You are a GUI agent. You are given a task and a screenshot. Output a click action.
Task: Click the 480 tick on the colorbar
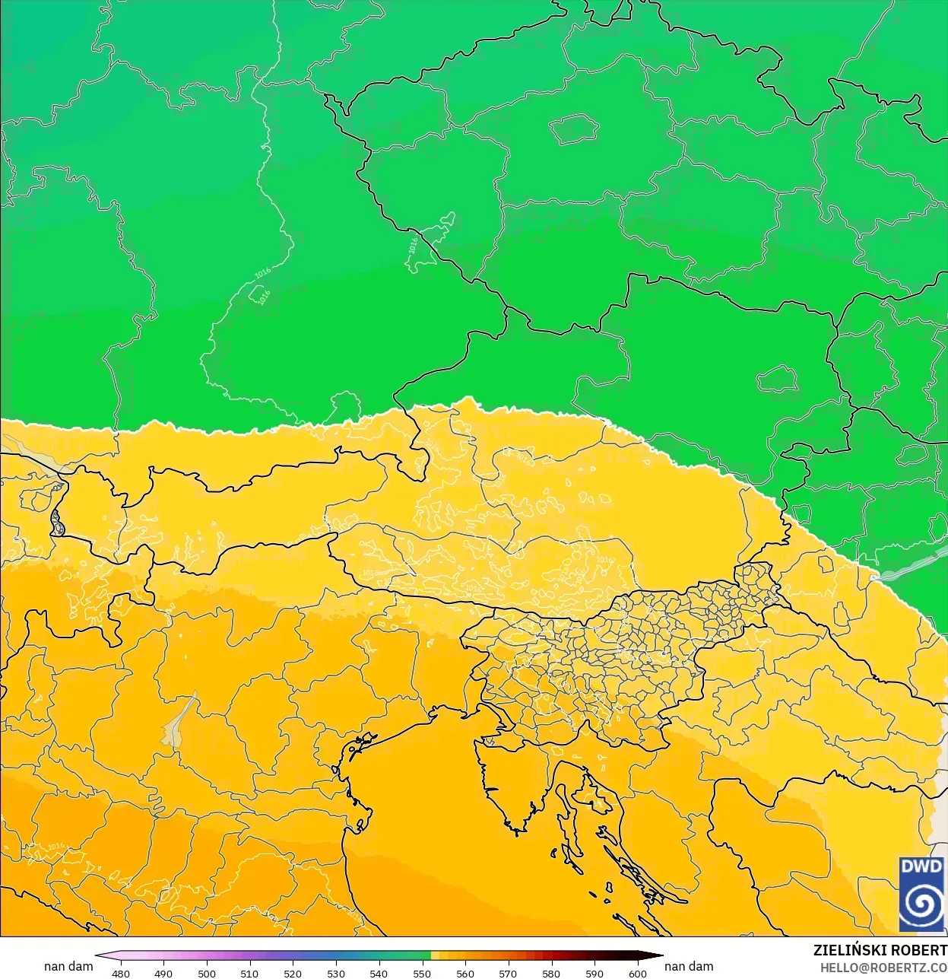[121, 973]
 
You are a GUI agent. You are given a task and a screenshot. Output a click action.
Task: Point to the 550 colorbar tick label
[422, 973]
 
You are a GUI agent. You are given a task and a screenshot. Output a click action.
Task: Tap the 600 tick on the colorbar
[637, 973]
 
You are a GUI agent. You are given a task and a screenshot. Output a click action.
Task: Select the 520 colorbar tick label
[293, 973]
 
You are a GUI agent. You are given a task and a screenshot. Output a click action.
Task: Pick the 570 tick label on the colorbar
[508, 973]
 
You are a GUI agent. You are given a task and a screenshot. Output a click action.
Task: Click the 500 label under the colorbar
[207, 973]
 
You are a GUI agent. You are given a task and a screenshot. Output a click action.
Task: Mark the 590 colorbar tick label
[594, 973]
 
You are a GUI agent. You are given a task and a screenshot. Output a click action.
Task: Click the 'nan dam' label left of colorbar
[68, 966]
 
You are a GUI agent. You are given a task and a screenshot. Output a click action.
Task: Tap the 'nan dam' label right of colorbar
[689, 966]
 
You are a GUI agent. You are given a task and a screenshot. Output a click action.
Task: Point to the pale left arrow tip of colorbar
[100, 956]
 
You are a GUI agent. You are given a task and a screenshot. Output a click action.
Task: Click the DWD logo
[921, 895]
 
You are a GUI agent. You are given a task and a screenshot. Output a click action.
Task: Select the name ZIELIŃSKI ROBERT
[880, 950]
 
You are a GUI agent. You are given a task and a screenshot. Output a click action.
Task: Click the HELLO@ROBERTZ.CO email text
[883, 968]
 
